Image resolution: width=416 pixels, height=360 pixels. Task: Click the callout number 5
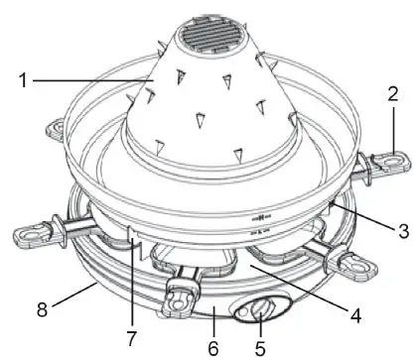tap(259, 349)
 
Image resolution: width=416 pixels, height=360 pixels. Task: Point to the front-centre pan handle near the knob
tap(181, 297)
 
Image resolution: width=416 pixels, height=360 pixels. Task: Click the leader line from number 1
tap(89, 79)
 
